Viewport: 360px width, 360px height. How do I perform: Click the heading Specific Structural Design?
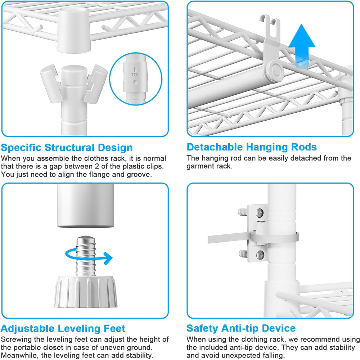click(67, 148)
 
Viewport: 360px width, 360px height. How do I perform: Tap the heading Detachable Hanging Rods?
click(252, 147)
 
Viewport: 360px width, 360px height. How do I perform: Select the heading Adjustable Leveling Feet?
click(63, 329)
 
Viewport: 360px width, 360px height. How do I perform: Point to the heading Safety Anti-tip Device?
click(241, 328)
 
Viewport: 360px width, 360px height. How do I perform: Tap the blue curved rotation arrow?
click(89, 255)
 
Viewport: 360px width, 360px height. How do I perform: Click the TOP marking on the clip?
click(135, 75)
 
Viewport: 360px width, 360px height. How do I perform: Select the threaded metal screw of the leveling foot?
click(86, 256)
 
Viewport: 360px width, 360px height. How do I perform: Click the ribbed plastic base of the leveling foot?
click(86, 292)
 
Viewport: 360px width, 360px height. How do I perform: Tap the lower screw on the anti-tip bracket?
click(260, 254)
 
